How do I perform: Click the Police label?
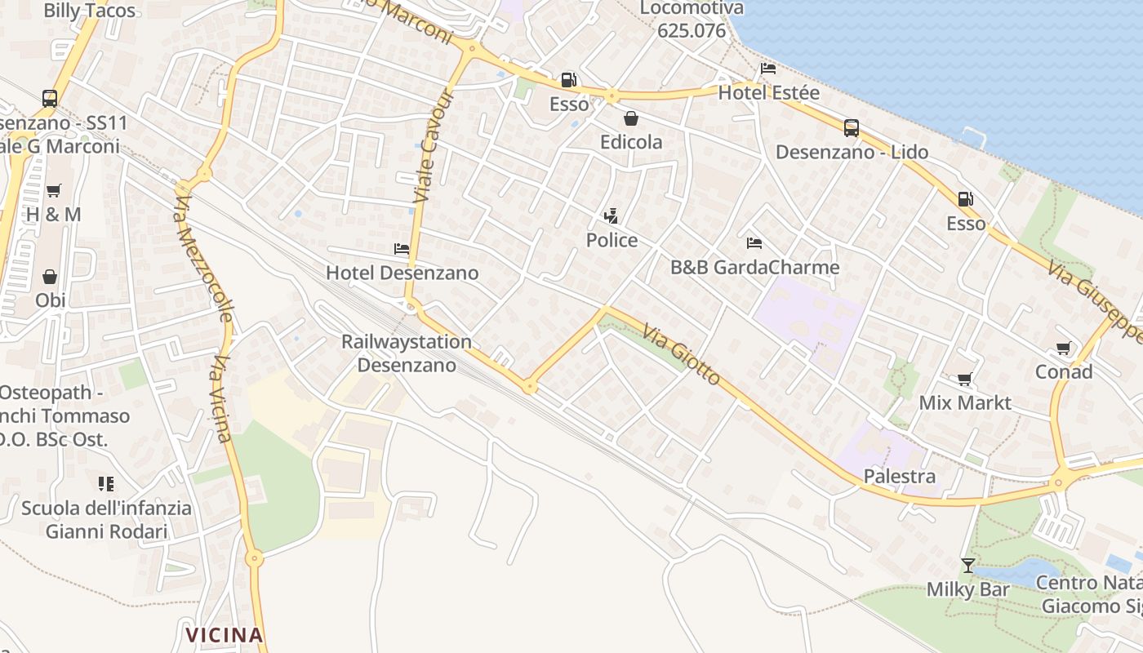click(612, 240)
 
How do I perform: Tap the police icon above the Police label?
click(611, 216)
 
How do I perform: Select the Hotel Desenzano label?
click(402, 273)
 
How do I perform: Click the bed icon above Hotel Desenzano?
click(401, 249)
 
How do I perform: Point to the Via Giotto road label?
click(682, 354)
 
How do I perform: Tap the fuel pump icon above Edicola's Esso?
click(568, 80)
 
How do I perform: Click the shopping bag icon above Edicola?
click(630, 118)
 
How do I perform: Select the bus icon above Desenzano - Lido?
click(852, 128)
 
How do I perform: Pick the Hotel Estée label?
click(768, 93)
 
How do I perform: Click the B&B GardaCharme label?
click(754, 267)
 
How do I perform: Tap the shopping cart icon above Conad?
click(1063, 349)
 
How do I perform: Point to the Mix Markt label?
click(965, 402)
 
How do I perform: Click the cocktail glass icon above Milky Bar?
click(967, 565)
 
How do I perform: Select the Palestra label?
click(899, 476)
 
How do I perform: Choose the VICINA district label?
click(224, 635)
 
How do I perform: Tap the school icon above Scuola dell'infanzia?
click(106, 484)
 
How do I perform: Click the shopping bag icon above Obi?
click(50, 277)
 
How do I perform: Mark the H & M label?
click(53, 215)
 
